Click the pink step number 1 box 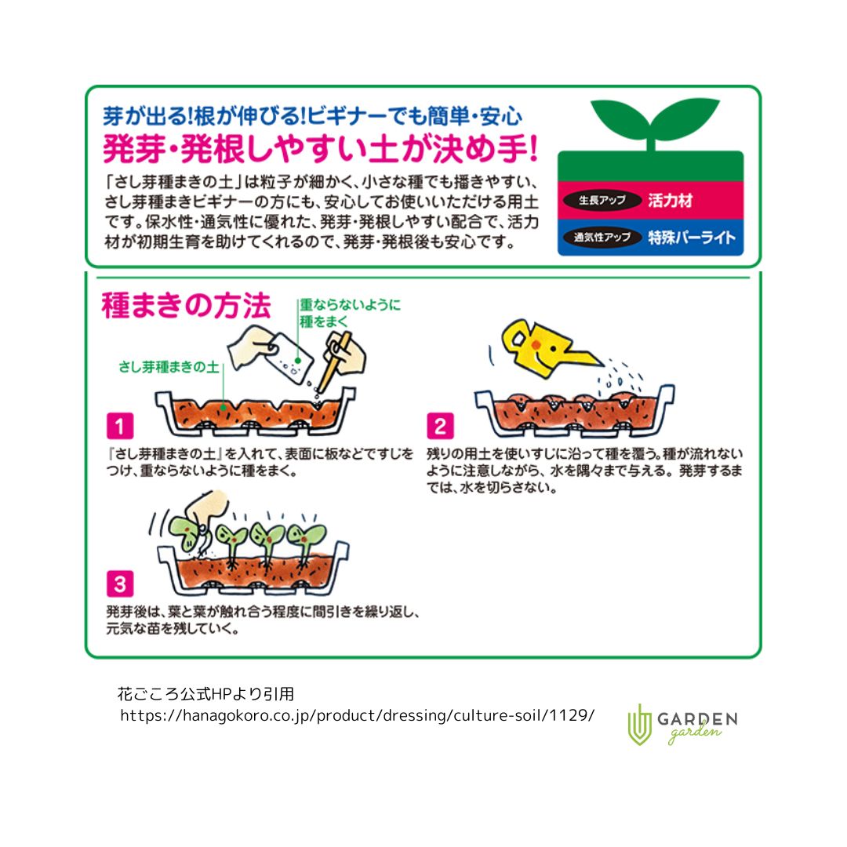coord(120,427)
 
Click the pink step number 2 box coord(440,427)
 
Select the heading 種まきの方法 coord(186,307)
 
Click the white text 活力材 coord(671,201)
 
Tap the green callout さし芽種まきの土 coord(168,367)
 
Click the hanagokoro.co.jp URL coord(357,715)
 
